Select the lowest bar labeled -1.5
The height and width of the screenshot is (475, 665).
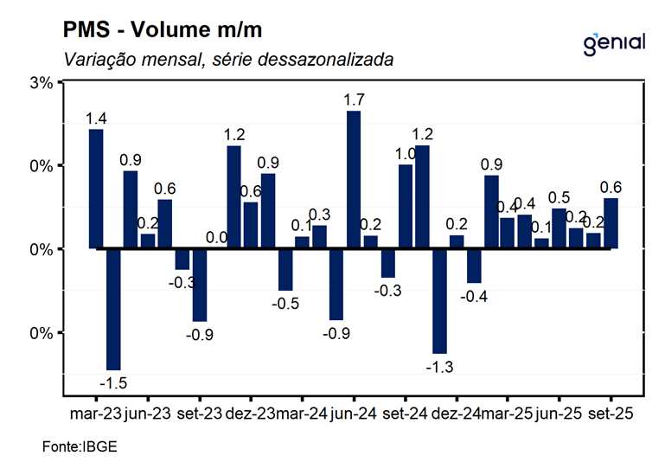[112, 309]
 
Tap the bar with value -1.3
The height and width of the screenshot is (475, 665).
[439, 301]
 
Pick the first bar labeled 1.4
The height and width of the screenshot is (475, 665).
[96, 189]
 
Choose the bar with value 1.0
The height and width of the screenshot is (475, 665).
[405, 206]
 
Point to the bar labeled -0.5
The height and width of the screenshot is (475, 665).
[285, 269]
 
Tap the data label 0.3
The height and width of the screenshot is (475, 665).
[319, 214]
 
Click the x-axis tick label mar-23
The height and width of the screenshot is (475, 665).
[95, 414]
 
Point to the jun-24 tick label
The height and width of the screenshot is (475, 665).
[352, 414]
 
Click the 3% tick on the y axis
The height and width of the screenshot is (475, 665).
[41, 82]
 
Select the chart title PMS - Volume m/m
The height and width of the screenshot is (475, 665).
[162, 31]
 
